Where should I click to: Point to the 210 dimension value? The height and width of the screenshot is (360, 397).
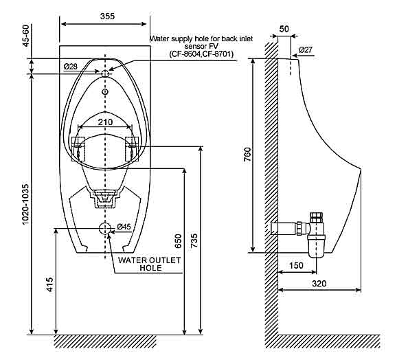coord(104,122)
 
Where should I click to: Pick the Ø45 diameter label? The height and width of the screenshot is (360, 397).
coord(124,227)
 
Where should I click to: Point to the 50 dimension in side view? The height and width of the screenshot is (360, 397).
coord(284,29)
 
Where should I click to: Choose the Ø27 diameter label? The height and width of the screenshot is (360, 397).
coord(306,49)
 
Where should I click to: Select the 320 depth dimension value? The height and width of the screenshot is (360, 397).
coord(319,282)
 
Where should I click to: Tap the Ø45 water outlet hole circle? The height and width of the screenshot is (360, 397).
coord(104,228)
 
